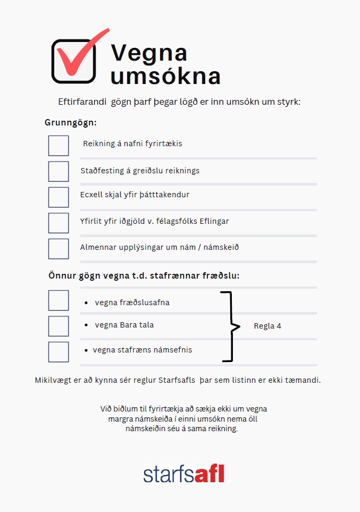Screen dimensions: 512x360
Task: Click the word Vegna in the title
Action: tap(149, 53)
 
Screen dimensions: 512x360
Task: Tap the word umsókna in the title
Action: tap(165, 77)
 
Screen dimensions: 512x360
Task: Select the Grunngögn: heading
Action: tap(71, 122)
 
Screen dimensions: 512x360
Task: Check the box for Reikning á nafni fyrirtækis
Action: tap(58, 146)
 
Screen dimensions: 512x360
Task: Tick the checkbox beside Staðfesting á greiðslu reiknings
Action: tap(58, 171)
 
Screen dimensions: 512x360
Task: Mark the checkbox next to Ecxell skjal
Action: tap(58, 197)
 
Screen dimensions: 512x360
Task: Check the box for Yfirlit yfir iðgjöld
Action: tap(58, 223)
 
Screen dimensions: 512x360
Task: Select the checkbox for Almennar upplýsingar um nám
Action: tap(58, 248)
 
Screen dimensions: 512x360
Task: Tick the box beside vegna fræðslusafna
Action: tap(58, 300)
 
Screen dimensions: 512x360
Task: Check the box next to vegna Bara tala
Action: tap(58, 326)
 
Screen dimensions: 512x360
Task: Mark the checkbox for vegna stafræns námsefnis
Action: tap(58, 351)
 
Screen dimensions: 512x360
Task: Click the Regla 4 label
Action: tap(267, 326)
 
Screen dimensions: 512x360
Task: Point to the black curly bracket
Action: tap(230, 326)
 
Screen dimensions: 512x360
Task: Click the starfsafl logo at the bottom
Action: tap(183, 473)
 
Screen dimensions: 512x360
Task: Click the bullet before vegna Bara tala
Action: tap(86, 324)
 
